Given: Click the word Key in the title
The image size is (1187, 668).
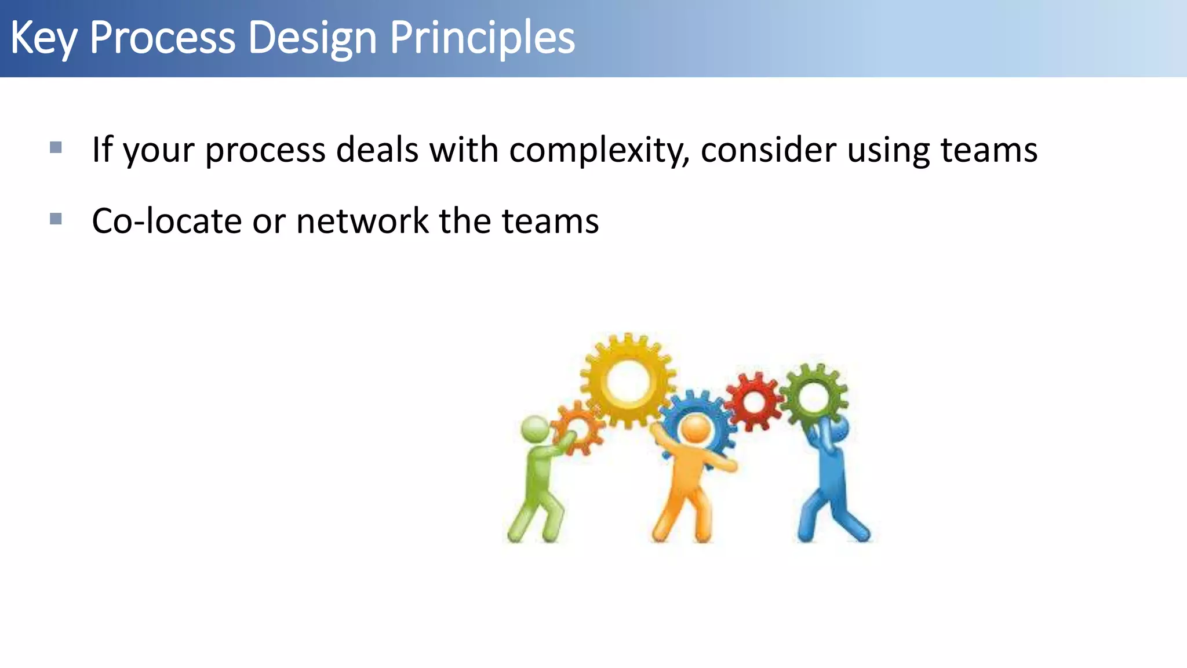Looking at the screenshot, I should (x=43, y=38).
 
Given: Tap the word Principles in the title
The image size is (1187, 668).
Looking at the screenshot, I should (x=482, y=38).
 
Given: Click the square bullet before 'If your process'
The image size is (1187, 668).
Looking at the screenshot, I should (x=56, y=147).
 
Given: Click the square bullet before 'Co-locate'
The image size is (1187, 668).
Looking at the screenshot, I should (x=56, y=219).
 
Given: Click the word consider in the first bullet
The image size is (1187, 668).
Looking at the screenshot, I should (x=769, y=150).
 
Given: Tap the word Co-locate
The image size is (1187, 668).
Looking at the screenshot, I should (x=166, y=222).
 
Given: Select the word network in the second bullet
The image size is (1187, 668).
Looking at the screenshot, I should (x=362, y=222).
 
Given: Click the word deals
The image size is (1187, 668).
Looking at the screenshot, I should (x=377, y=150).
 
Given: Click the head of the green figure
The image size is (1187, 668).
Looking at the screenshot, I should (x=535, y=430).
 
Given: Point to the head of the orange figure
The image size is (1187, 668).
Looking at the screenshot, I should (x=695, y=430).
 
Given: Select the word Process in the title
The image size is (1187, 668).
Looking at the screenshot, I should (x=162, y=38).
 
